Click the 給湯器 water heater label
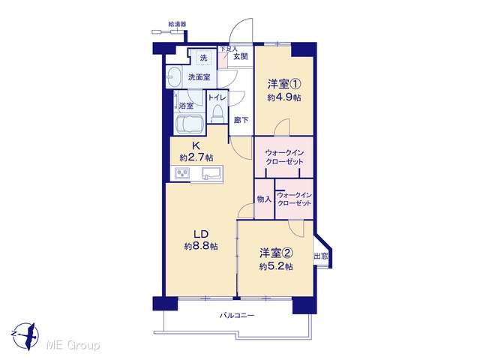click(x=178, y=24)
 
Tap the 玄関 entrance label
click(x=241, y=57)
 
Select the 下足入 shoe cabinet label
click(x=229, y=49)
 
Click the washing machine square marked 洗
click(x=203, y=58)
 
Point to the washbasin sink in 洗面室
click(x=174, y=76)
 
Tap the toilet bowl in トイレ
click(x=217, y=114)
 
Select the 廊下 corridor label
click(x=241, y=120)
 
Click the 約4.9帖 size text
click(x=283, y=97)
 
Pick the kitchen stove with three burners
click(x=182, y=174)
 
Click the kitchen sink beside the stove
click(x=211, y=173)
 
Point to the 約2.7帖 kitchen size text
click(x=196, y=158)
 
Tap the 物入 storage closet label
click(x=264, y=199)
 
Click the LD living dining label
click(x=201, y=234)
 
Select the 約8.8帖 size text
click(x=201, y=246)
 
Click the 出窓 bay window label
click(x=321, y=256)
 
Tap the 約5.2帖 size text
click(x=276, y=267)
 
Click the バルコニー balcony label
click(x=237, y=315)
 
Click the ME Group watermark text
click(x=73, y=346)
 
